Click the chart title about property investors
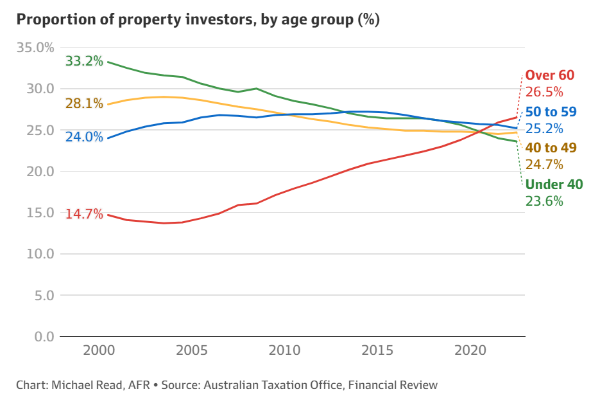198,19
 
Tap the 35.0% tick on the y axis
35,48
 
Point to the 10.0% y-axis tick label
35,254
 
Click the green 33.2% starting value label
84,61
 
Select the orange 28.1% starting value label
84,104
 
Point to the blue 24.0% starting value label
84,137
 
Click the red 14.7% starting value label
84,214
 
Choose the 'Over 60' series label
550,75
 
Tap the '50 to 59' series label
551,112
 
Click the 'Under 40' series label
554,185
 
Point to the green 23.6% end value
544,201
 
